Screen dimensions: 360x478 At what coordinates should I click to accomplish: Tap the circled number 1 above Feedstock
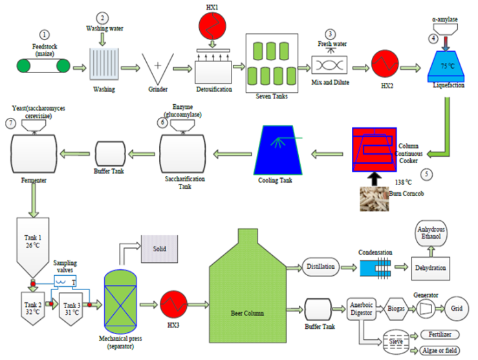[44, 34]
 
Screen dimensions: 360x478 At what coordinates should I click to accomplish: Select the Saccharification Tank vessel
[181, 153]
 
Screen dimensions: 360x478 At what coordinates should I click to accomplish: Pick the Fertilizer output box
[436, 335]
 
